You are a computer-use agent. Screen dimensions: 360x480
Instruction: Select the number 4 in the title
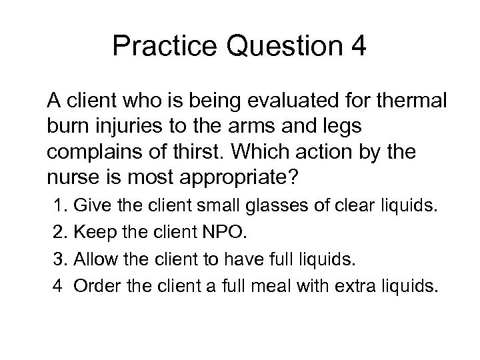[355, 47]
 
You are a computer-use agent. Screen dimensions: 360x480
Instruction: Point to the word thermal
[416, 102]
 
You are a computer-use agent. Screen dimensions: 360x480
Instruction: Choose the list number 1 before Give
[57, 207]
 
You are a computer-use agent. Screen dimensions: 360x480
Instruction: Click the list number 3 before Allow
[57, 259]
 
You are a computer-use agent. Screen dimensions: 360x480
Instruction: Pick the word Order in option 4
[94, 286]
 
